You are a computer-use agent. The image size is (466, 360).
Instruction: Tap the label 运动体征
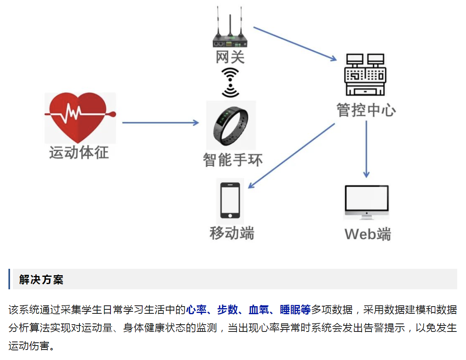(79, 153)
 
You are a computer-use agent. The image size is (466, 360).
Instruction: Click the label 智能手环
(233, 160)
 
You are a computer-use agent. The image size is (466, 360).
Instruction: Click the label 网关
(230, 57)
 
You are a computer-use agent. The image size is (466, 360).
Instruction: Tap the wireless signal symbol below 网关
(230, 82)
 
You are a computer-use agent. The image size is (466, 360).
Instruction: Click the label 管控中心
(366, 110)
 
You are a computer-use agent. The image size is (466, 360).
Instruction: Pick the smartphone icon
(230, 200)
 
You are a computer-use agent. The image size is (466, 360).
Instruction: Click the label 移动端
(232, 233)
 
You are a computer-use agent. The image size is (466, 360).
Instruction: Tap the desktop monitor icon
(366, 202)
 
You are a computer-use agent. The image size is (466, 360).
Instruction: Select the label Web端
(368, 234)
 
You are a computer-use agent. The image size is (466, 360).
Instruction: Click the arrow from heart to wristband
(160, 123)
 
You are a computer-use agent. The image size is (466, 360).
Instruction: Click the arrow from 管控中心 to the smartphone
(291, 156)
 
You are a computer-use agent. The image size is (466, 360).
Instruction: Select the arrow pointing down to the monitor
(366, 149)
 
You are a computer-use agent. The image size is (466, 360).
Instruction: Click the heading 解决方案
(41, 280)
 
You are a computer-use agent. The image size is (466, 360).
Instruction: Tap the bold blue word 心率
(196, 310)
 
